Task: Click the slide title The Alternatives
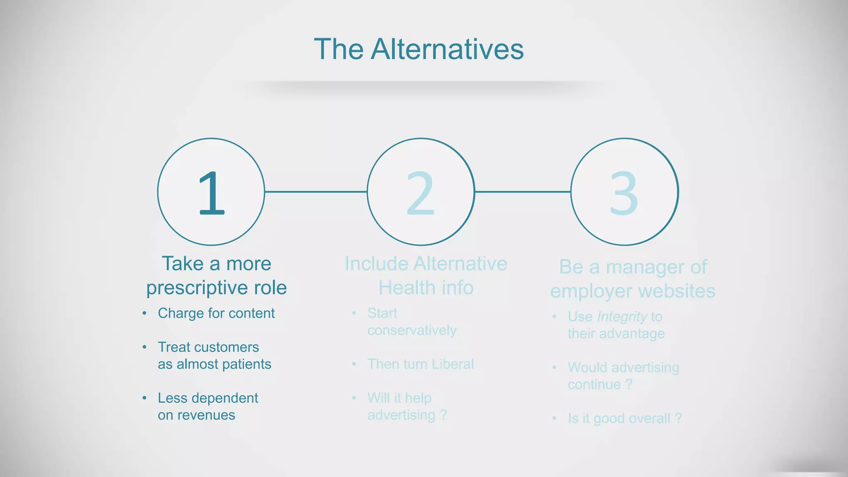(419, 49)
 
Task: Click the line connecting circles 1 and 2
(316, 192)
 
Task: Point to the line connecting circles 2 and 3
(523, 192)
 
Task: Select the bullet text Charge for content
(216, 313)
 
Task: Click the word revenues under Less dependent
(206, 415)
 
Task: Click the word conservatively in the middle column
(412, 330)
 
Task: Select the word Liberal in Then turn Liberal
(453, 364)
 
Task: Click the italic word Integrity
(622, 317)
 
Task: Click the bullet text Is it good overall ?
(624, 419)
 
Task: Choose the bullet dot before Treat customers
(144, 347)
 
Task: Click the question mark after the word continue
(629, 385)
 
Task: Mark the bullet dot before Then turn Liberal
(354, 364)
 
